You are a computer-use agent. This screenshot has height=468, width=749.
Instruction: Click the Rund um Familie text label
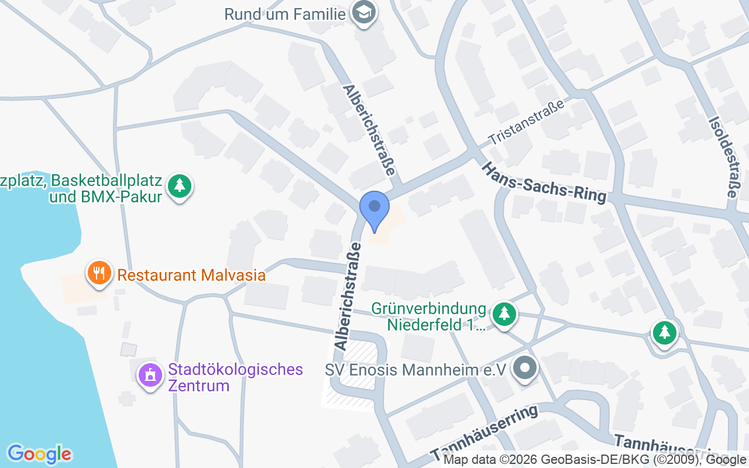click(x=285, y=13)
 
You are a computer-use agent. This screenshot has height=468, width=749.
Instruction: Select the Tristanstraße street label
click(x=527, y=122)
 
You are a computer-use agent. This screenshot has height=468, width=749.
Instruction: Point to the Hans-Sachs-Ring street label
click(x=544, y=183)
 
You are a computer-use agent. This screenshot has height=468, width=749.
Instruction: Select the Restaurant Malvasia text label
click(x=191, y=275)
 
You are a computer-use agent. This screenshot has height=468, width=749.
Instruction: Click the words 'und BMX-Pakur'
click(x=105, y=197)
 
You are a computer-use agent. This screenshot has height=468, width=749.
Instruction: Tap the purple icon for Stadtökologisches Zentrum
click(x=150, y=375)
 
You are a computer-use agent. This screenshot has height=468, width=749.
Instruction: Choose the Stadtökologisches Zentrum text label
click(x=235, y=377)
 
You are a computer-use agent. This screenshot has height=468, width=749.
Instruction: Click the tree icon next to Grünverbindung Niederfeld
click(x=504, y=314)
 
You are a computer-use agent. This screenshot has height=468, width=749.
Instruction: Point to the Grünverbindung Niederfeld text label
click(x=429, y=316)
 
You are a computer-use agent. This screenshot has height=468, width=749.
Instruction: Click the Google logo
click(x=39, y=454)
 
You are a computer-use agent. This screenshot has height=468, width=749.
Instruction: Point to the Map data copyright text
click(x=595, y=460)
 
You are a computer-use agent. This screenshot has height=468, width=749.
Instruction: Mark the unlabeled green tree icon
click(x=664, y=333)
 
